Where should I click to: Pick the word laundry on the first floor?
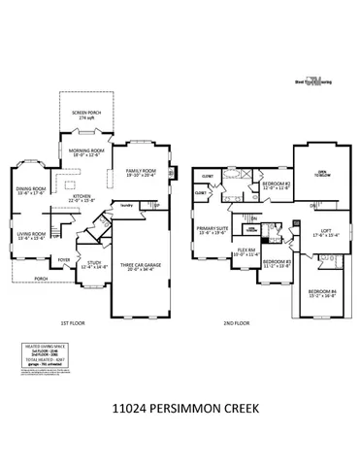125,205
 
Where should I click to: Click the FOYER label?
64,260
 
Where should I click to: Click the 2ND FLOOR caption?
237,323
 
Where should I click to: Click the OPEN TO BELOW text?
321,175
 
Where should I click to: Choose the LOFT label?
320,232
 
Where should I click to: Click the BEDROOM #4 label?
321,293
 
